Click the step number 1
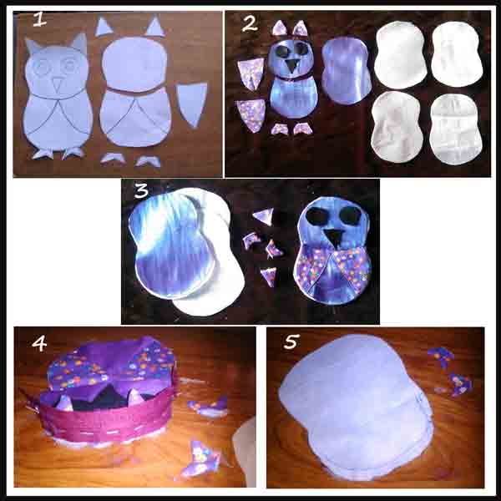click(x=39, y=20)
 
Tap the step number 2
click(x=250, y=24)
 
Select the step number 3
click(x=142, y=190)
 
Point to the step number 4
click(x=39, y=344)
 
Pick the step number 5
click(x=291, y=342)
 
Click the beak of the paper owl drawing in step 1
click(x=57, y=85)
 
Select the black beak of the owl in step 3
click(x=333, y=238)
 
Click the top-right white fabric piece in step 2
click(x=457, y=54)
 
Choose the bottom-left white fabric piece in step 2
click(x=397, y=126)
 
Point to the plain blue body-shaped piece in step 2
click(x=347, y=71)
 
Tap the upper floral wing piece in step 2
click(x=250, y=74)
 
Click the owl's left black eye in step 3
click(x=316, y=215)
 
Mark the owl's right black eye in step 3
click(x=350, y=215)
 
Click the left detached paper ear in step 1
click(x=104, y=28)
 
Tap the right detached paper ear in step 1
click(x=155, y=27)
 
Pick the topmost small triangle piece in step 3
click(x=264, y=215)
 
